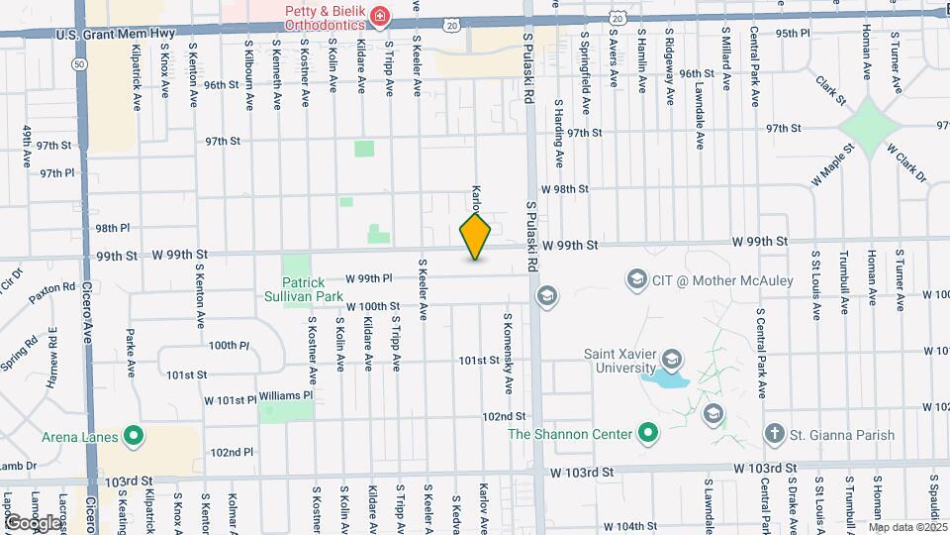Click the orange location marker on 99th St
[475, 237]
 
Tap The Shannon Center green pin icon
[648, 434]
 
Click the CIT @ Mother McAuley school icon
[636, 280]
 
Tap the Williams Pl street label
[288, 395]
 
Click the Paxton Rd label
[52, 288]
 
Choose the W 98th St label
[564, 189]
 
